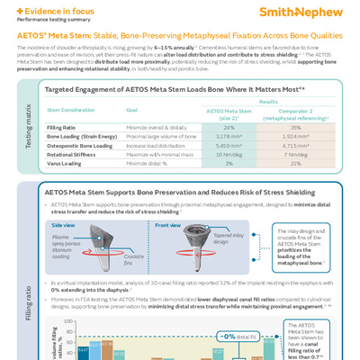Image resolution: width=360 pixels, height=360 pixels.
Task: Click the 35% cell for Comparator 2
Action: (295, 128)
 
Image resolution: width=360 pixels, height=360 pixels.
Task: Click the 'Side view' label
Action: (64, 225)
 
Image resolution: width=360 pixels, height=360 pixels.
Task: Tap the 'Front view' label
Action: (167, 225)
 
